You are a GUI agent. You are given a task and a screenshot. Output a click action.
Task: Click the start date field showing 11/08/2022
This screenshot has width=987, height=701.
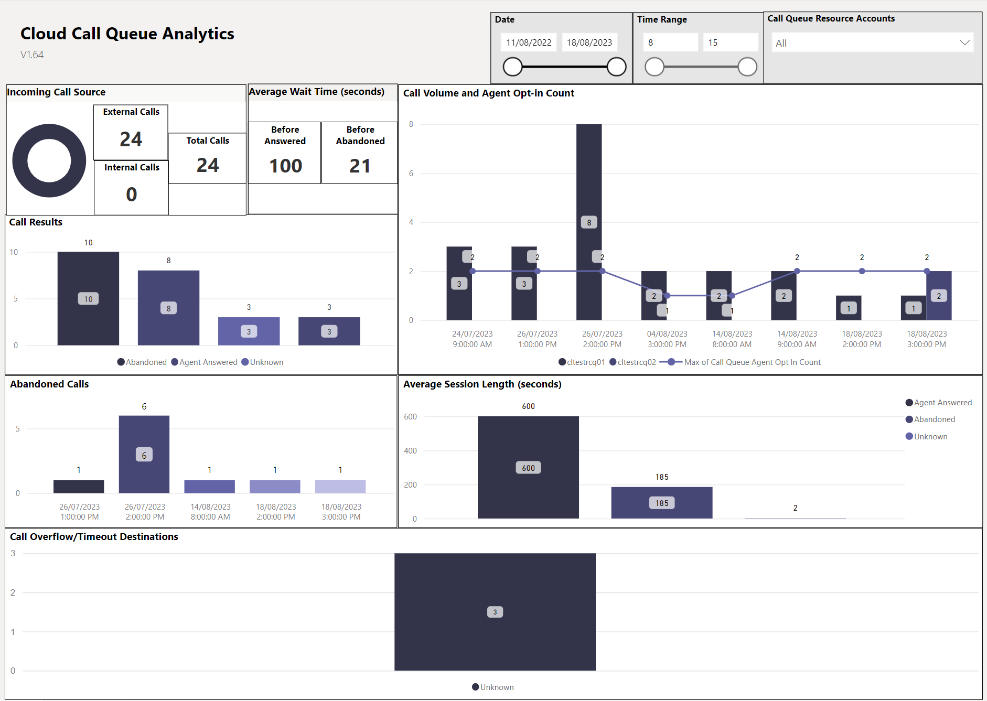(529, 42)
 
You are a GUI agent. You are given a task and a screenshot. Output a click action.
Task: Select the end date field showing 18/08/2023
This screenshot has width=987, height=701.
(589, 42)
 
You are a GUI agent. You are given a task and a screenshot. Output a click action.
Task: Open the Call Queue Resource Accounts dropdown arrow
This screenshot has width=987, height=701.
(964, 42)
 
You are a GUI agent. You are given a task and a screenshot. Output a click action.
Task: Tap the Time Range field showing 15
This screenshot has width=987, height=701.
(730, 42)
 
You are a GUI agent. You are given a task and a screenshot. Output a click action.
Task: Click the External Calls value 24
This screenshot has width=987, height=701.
(131, 139)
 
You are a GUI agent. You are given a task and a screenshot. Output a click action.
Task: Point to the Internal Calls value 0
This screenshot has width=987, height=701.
(131, 195)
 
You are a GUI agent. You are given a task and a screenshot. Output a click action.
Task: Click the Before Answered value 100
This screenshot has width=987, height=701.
(285, 166)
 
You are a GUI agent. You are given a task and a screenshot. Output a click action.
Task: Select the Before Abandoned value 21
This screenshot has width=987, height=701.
(360, 166)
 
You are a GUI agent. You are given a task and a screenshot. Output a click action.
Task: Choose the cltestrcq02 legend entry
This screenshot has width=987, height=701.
(633, 362)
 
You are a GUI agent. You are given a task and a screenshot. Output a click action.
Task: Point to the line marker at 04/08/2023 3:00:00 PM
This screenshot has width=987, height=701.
(667, 296)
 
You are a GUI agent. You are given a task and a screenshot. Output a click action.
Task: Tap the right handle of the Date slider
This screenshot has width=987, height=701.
(617, 67)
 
